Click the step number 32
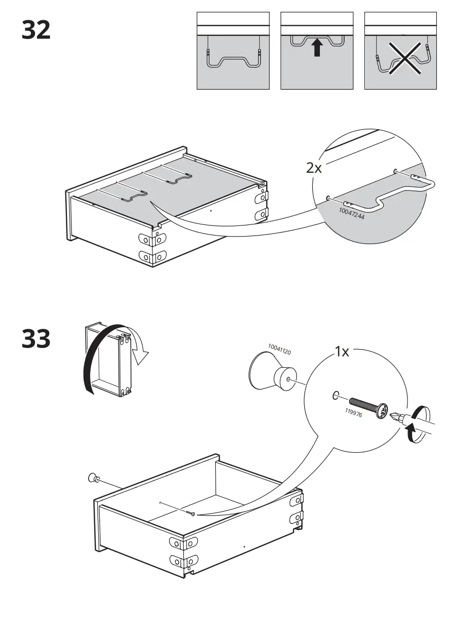point(36,30)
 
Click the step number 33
point(36,339)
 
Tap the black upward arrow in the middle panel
point(317,49)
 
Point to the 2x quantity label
point(314,168)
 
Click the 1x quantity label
point(342,352)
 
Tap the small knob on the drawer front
point(93,477)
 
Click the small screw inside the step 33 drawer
point(190,514)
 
